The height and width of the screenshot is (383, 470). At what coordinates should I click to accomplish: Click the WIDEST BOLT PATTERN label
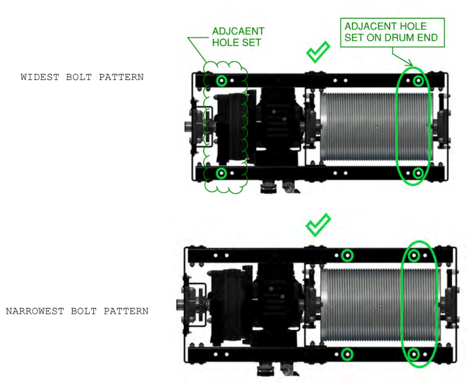tap(82, 77)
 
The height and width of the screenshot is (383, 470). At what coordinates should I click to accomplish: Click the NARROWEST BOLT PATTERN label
tap(77, 311)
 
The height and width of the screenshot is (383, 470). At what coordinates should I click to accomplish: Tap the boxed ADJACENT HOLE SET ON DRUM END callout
tap(392, 32)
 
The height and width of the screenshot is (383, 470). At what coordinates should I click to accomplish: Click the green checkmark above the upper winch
tap(318, 52)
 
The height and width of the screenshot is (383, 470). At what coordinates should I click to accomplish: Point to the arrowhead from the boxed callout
tap(410, 65)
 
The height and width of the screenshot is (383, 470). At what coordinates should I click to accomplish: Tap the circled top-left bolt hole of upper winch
tap(221, 80)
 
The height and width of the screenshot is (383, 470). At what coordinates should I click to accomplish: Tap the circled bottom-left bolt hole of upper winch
tap(221, 173)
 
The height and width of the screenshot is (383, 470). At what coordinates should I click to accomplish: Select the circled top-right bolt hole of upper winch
tap(418, 80)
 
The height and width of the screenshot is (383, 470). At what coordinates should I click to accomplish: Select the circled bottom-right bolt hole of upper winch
tap(418, 173)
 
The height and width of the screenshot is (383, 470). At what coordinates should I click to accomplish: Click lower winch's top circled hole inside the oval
tap(414, 255)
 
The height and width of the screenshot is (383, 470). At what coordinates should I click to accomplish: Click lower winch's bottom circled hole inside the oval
tap(414, 354)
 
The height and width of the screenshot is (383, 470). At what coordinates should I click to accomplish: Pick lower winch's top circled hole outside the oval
tap(347, 255)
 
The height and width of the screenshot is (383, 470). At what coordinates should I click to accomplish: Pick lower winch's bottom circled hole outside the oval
tap(347, 354)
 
